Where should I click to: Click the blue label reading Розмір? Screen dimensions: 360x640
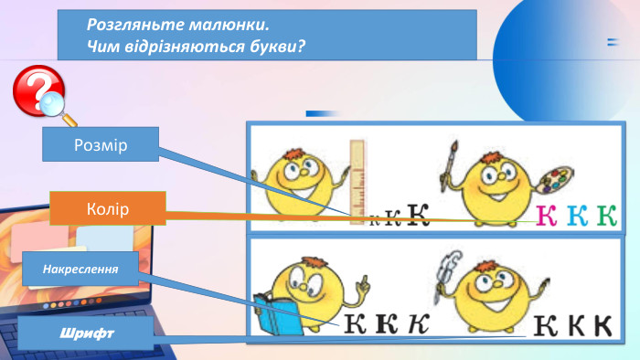(x=101, y=144)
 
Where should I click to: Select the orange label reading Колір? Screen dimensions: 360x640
(x=107, y=208)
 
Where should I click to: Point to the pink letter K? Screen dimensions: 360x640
(x=546, y=216)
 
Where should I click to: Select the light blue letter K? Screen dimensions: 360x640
(x=576, y=216)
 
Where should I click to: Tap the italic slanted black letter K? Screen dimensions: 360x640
(x=418, y=323)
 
